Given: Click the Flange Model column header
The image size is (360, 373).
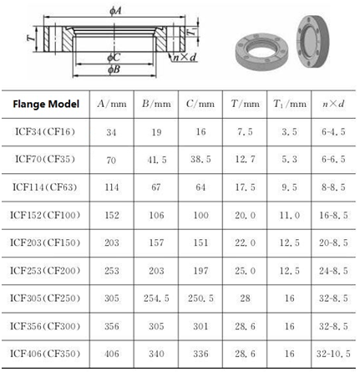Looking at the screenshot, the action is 46,104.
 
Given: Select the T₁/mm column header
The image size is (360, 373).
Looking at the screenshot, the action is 290,104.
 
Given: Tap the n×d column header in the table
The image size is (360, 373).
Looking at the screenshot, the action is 333,104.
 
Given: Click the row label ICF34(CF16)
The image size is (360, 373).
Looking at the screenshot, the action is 45,131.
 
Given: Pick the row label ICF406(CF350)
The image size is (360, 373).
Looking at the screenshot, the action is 45,354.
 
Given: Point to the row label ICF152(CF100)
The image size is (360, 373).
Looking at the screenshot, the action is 45,215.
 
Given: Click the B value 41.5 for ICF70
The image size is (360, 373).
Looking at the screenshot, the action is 157,160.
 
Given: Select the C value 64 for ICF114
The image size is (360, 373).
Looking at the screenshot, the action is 200,187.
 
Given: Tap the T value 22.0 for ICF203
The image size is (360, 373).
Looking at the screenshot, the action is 245,243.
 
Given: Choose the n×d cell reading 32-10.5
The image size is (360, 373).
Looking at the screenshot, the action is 333,354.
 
